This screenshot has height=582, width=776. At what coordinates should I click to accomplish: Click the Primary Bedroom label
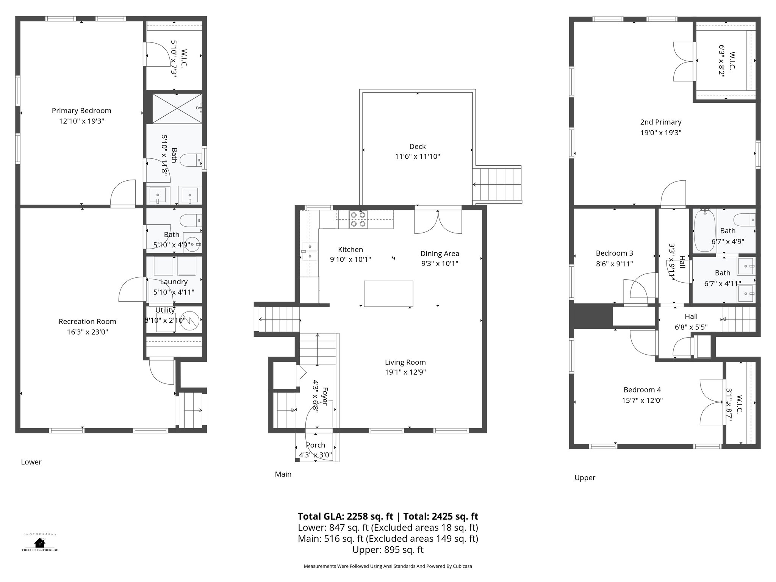[81, 111]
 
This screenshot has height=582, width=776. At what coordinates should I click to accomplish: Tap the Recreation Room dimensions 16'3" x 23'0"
[87, 332]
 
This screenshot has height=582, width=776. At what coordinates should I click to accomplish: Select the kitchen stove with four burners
[358, 219]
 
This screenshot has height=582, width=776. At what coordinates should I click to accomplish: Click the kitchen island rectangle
[388, 293]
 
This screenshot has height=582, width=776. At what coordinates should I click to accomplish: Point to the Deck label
[418, 146]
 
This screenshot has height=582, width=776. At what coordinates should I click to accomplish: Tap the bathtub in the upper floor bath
[704, 231]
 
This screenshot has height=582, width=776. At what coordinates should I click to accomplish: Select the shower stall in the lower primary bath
[177, 108]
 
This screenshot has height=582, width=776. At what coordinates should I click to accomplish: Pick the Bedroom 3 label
[614, 253]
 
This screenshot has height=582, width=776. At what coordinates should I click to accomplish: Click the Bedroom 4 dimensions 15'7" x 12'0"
[642, 400]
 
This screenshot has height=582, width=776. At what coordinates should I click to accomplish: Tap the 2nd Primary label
[661, 122]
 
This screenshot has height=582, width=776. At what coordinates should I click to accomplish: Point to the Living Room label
[405, 362]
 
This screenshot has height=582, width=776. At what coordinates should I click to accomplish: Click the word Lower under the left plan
[31, 462]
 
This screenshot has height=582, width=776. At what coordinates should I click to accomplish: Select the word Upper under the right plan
[585, 478]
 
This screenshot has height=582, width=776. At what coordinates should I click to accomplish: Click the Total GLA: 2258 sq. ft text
[346, 516]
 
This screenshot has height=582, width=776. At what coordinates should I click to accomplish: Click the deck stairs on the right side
[497, 185]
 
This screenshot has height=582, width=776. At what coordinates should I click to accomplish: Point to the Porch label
[315, 445]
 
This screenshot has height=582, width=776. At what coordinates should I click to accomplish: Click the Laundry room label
[174, 282]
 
